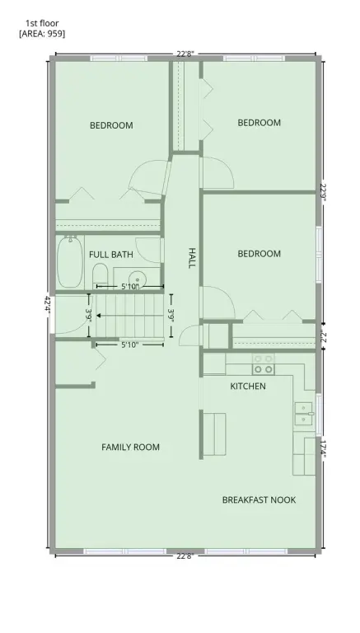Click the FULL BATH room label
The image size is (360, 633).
tap(111, 255)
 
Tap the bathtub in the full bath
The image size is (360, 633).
tap(70, 261)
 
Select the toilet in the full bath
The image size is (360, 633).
tap(100, 276)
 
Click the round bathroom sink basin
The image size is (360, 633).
tap(138, 279)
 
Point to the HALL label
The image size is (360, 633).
tap(192, 258)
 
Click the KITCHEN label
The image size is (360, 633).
tap(248, 387)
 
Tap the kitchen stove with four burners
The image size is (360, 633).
tap(263, 364)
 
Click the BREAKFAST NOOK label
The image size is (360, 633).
tap(259, 499)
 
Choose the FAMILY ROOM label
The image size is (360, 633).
tap(130, 448)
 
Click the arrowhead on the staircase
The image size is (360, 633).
tap(99, 316)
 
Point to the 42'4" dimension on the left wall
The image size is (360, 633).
tap(48, 305)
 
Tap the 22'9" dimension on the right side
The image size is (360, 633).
tap(324, 194)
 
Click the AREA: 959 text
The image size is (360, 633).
tap(42, 34)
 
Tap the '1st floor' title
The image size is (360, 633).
tap(42, 23)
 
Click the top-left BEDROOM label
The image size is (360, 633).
tap(111, 125)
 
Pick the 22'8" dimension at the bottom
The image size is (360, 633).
tap(185, 556)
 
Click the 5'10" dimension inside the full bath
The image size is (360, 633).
tap(130, 287)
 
